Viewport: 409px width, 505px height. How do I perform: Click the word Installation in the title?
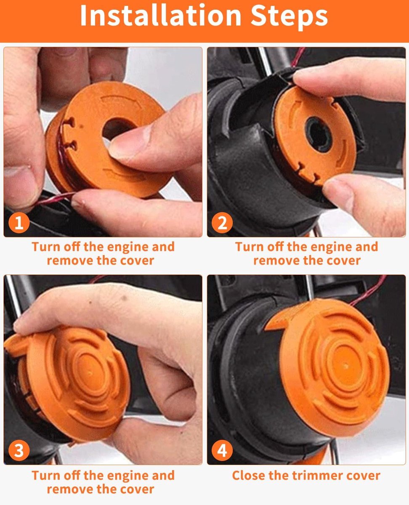[x=161, y=15]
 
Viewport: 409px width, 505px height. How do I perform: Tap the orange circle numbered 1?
[x=19, y=223]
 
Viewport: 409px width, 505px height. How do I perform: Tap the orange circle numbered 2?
[x=222, y=223]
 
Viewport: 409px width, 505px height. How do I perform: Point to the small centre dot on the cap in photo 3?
[x=90, y=374]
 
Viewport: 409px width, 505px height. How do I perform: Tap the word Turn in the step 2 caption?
[x=249, y=247]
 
